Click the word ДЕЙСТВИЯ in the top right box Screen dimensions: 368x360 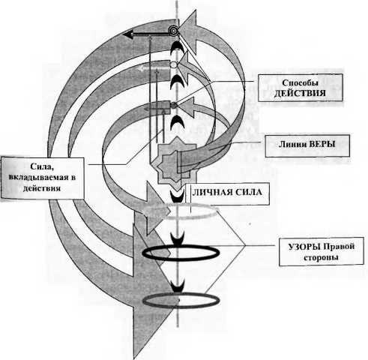tap(300, 93)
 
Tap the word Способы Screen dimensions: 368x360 tap(300, 82)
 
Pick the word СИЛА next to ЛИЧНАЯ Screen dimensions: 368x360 tap(249, 192)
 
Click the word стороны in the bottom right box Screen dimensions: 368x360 tap(321, 257)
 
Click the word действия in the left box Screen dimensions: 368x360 tap(42, 188)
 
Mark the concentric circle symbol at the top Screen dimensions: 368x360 tap(172, 31)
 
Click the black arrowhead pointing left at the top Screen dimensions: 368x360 tap(128, 34)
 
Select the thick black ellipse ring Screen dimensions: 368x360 tap(181, 253)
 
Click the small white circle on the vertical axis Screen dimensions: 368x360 tap(174, 64)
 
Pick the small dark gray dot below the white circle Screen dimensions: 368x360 tap(174, 105)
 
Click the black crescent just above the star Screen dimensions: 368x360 tap(177, 123)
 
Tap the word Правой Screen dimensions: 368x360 tap(339, 247)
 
